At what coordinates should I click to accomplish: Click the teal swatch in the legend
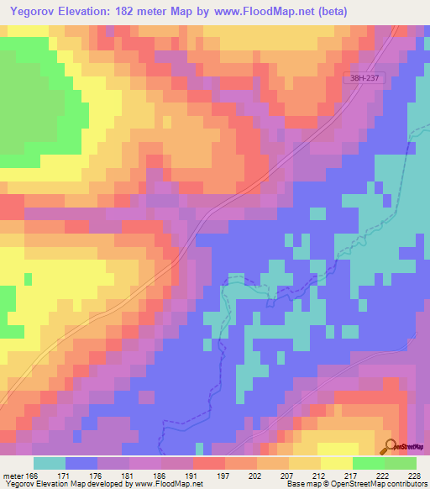click(50, 463)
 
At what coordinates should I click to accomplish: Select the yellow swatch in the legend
click(336, 463)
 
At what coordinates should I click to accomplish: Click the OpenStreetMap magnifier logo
click(389, 446)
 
